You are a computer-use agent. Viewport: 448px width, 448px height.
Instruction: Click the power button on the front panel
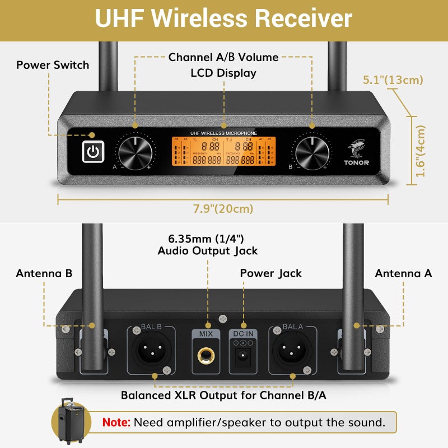click(93, 152)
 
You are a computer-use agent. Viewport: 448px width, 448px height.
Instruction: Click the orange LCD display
click(223, 152)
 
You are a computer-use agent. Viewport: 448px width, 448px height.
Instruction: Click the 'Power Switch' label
click(53, 65)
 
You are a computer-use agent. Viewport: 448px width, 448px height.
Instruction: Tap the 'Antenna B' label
click(44, 273)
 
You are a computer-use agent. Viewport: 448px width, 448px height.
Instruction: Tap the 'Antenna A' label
click(403, 273)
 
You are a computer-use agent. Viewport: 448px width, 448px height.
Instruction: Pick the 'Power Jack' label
click(270, 273)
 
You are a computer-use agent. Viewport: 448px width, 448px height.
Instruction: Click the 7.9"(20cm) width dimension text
click(223, 209)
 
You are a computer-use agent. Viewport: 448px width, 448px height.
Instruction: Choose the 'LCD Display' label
click(223, 73)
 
